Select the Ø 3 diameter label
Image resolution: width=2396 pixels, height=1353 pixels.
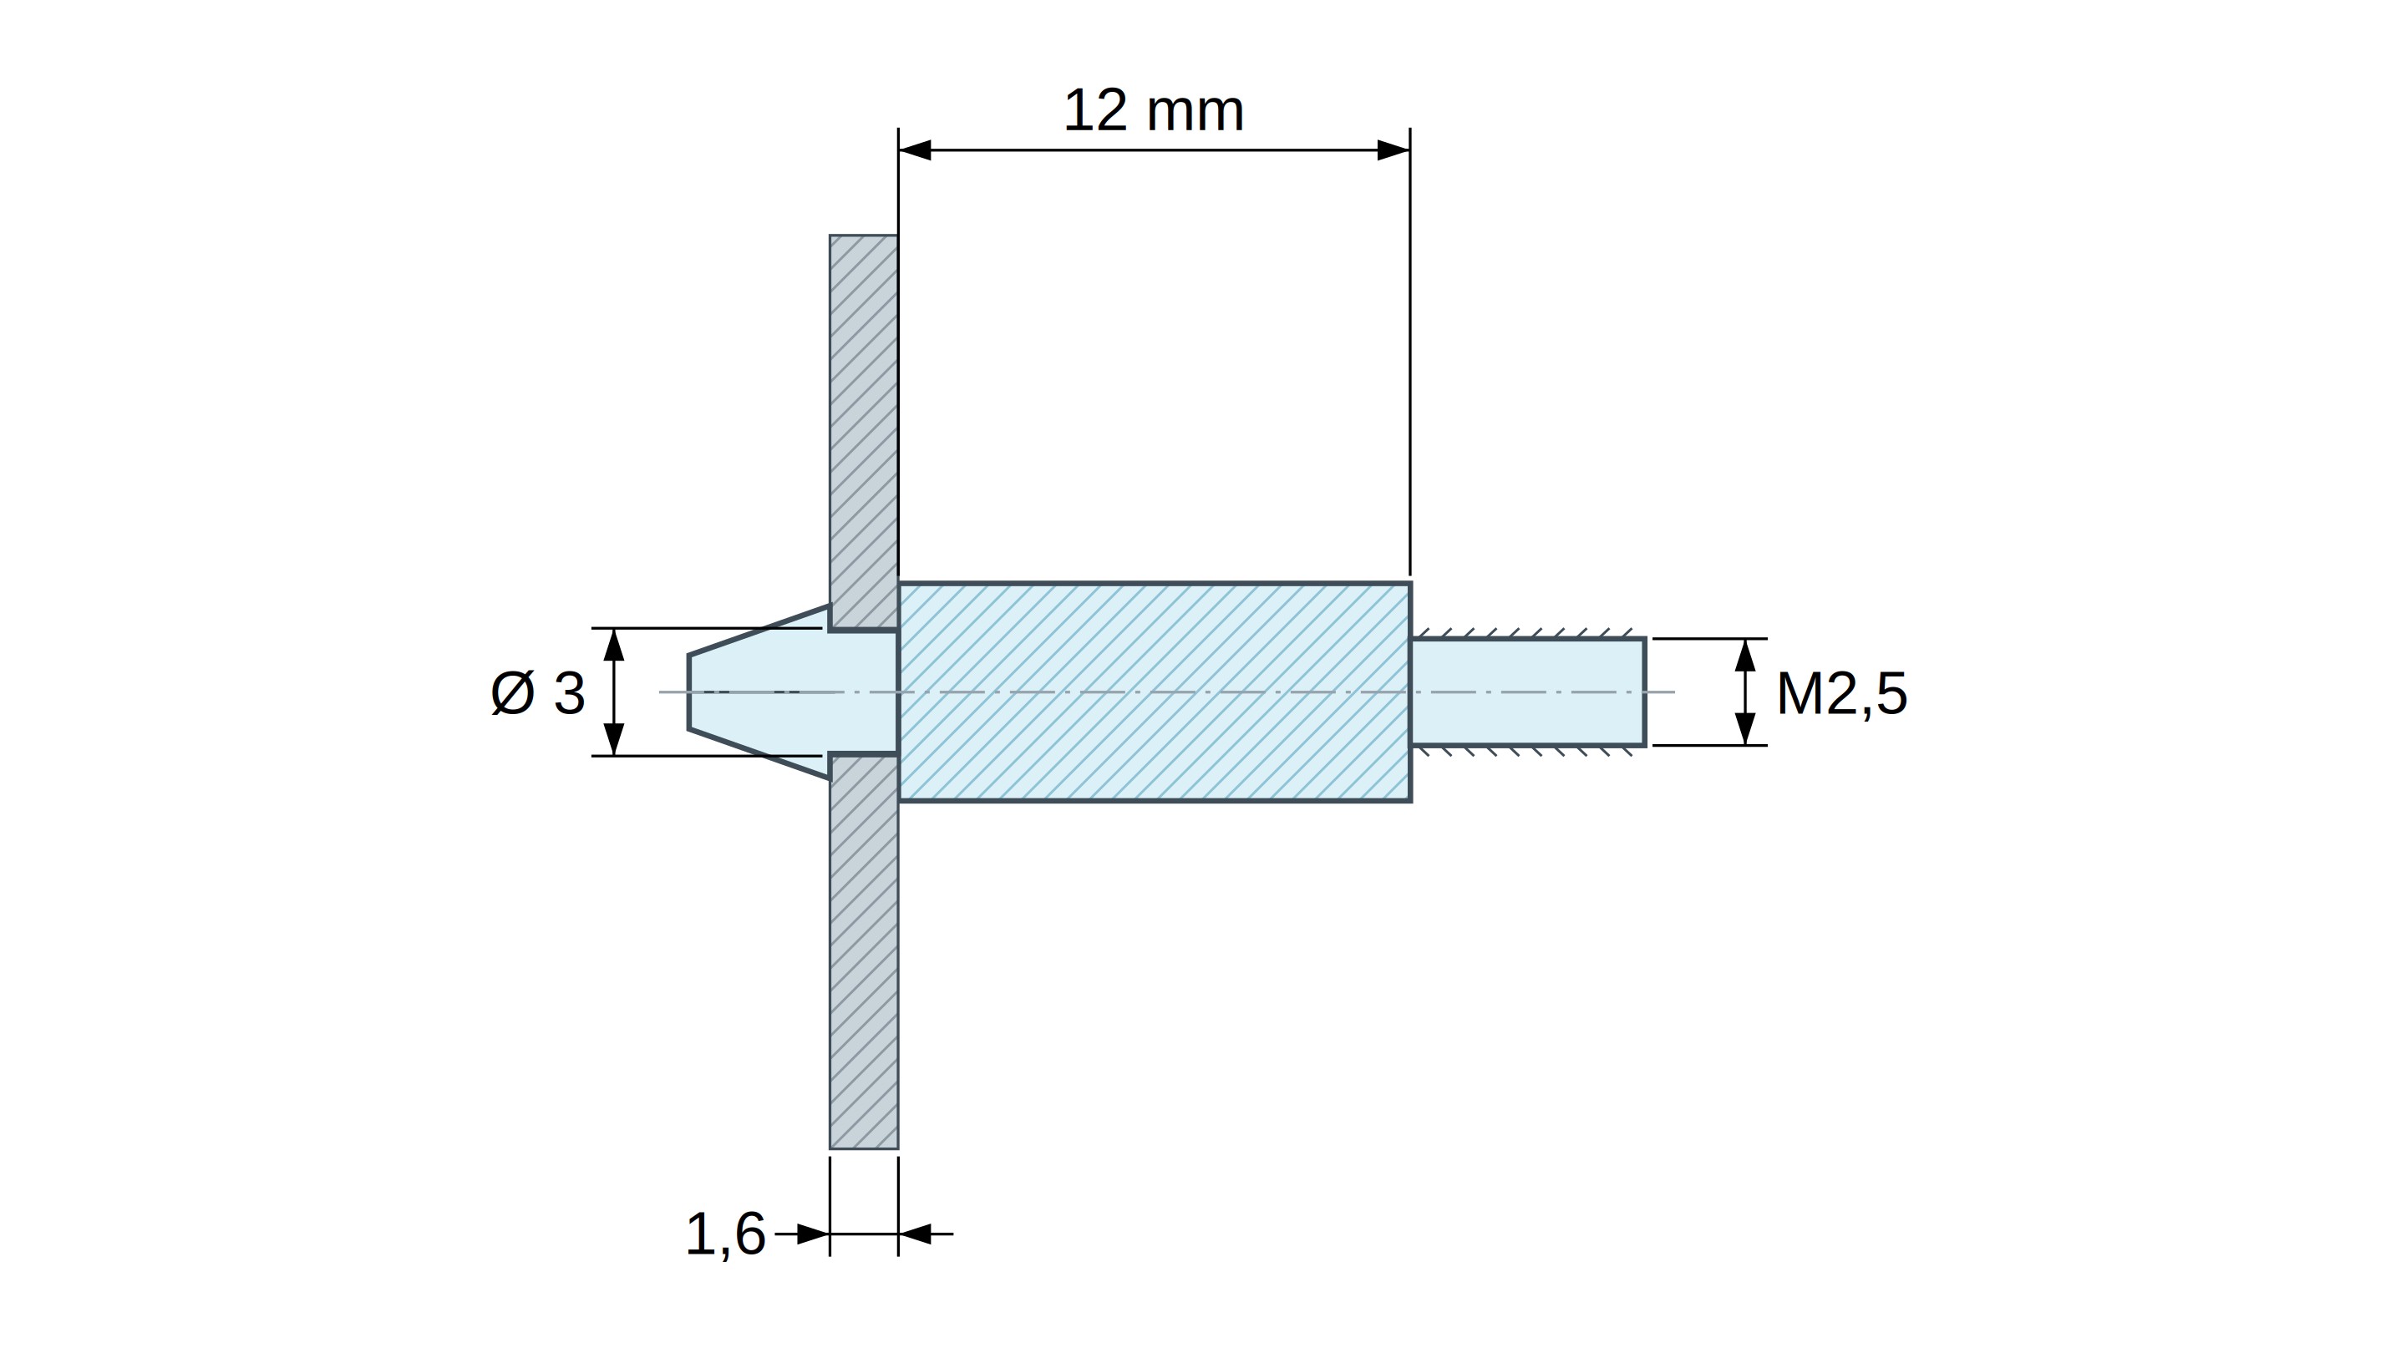[x=539, y=694]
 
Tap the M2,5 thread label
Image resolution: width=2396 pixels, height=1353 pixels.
[x=1841, y=694]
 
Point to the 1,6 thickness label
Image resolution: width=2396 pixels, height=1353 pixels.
[x=725, y=1235]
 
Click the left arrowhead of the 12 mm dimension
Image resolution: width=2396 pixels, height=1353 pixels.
[x=914, y=149]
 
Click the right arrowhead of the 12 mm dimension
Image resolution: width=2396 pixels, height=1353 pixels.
[x=1393, y=149]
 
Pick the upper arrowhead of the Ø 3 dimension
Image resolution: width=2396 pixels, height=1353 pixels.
[x=614, y=645]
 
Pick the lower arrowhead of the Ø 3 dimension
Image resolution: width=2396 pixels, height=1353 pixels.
[x=614, y=739]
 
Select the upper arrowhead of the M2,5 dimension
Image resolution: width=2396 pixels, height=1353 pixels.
[x=1745, y=655]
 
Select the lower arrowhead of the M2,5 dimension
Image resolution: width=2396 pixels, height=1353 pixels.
[x=1745, y=729]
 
